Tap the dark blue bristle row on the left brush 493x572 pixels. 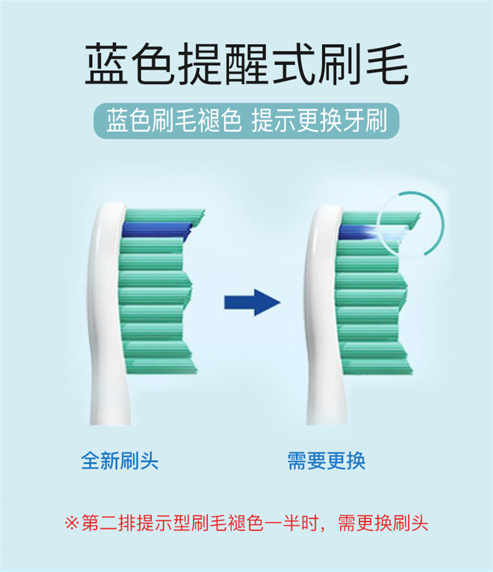156,229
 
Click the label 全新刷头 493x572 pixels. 120,460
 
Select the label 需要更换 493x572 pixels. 326,460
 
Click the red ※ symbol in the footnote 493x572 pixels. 72,524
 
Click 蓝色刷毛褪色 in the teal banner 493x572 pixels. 174,122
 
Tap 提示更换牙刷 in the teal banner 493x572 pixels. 319,122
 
